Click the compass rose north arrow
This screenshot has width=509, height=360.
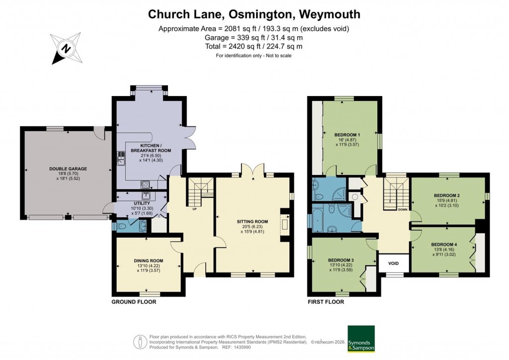pyautogui.click(x=65, y=48)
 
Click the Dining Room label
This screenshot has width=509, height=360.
pyautogui.click(x=148, y=260)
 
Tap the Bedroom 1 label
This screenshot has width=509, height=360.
pyautogui.click(x=347, y=135)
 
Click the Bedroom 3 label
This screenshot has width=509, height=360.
pyautogui.click(x=341, y=260)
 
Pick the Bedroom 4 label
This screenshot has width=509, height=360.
pyautogui.click(x=443, y=244)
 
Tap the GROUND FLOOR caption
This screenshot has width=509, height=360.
pyautogui.click(x=133, y=302)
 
